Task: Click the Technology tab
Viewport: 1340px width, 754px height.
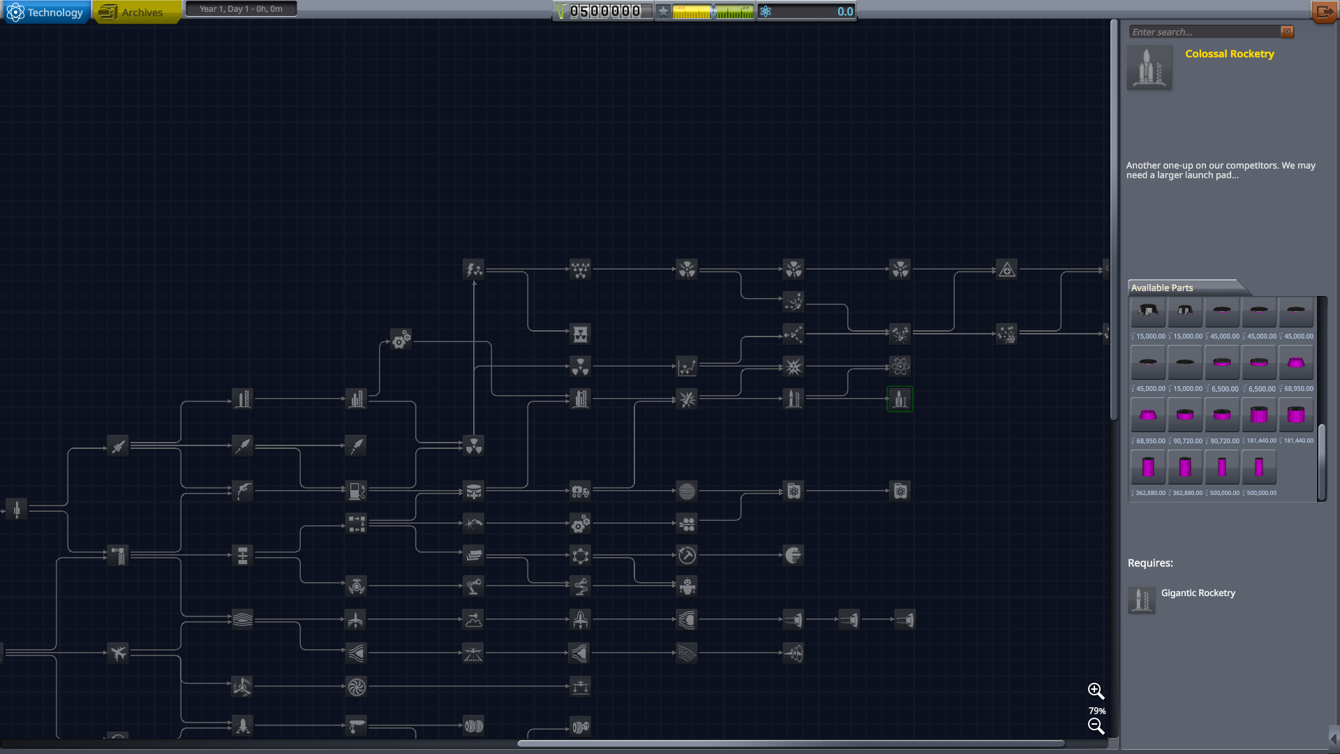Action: (46, 13)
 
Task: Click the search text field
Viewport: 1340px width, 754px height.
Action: (1204, 32)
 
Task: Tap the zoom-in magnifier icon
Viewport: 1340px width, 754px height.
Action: (1096, 691)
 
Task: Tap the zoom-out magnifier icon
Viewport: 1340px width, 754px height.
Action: (1096, 727)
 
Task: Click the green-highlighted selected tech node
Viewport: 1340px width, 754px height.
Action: (900, 399)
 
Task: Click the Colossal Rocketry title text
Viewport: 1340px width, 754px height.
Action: (1229, 54)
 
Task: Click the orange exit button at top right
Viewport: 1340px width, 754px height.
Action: (1323, 12)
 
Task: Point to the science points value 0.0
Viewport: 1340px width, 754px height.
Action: (844, 12)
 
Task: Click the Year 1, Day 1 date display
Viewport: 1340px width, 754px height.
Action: (241, 9)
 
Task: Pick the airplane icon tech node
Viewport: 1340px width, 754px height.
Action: (118, 653)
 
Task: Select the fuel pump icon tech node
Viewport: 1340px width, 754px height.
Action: (356, 491)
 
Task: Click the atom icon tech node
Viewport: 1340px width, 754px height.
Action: (900, 367)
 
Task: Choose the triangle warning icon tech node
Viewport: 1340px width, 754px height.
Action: (1006, 269)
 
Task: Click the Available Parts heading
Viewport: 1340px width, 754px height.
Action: (1162, 288)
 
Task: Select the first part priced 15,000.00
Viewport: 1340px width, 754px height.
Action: (1148, 312)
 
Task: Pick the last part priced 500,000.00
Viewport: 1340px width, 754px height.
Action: (1259, 468)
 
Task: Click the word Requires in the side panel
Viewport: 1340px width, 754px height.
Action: (1149, 563)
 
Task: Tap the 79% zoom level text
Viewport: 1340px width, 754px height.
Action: (1096, 711)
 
